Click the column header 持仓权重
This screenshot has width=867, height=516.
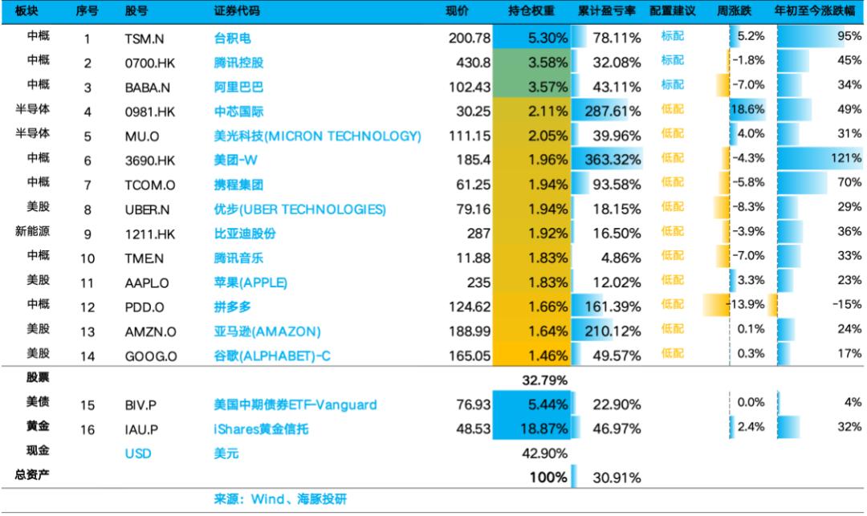[531, 11]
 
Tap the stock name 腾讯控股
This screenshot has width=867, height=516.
[238, 63]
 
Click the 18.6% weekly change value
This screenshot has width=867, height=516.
[747, 109]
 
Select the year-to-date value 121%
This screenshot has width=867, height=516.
[846, 158]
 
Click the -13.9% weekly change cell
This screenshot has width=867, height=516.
[747, 304]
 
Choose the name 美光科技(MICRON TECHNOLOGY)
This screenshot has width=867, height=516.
[317, 136]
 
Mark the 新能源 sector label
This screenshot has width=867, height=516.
[32, 231]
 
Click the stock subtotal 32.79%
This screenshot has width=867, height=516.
[544, 380]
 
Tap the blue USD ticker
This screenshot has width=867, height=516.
[138, 453]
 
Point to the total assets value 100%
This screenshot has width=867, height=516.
[548, 477]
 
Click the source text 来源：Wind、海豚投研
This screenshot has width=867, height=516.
[280, 499]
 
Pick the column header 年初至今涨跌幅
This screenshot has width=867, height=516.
[815, 11]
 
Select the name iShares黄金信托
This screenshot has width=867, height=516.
[261, 429]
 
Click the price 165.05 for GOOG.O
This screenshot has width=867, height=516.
[470, 356]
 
